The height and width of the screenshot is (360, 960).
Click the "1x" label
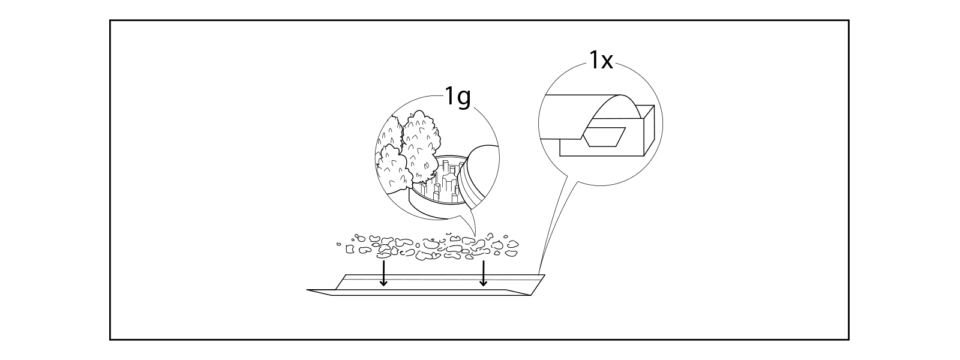click(x=601, y=60)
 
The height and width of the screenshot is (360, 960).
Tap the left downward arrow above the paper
click(x=384, y=273)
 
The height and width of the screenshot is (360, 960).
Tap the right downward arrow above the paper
click(x=484, y=273)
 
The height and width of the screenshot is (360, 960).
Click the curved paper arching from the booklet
click(x=618, y=108)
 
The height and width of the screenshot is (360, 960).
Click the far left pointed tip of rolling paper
click(x=308, y=290)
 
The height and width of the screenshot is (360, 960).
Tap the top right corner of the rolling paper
click(x=544, y=275)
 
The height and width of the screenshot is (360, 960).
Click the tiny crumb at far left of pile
click(x=339, y=244)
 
